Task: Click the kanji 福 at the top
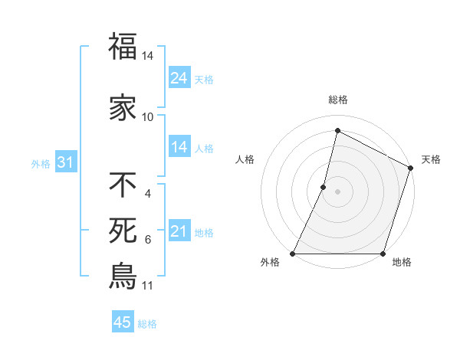coord(123,47)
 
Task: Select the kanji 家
coord(123,108)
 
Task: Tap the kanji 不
coord(123,185)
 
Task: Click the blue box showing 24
coord(179,78)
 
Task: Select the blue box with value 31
coord(64,163)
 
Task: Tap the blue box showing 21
coord(179,232)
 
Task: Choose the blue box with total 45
coord(123,323)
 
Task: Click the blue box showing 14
coord(179,147)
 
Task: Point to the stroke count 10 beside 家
coord(148,117)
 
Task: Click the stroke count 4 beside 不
coord(148,194)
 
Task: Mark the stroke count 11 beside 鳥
coord(148,286)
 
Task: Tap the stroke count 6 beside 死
coord(148,240)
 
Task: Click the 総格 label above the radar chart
coord(338,100)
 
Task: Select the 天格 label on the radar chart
coord(431,159)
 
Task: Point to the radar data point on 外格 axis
coord(293,254)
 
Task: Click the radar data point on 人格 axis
coord(324,187)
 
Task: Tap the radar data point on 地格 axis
coord(383,254)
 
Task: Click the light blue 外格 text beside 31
coord(41,164)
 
